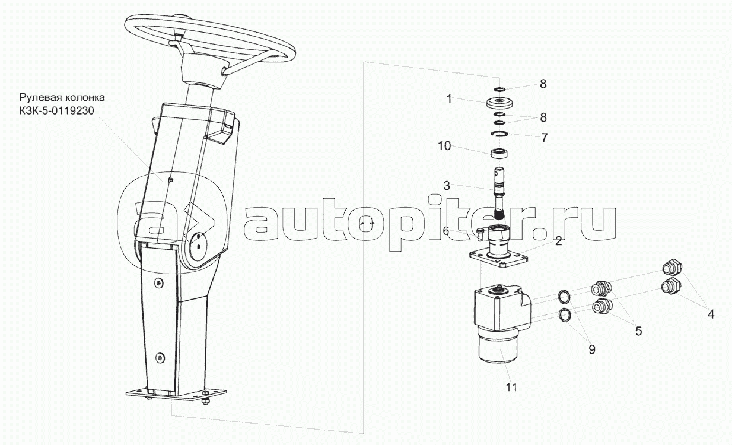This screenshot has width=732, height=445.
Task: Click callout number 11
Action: click(x=512, y=387)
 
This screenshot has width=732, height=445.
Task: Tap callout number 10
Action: click(x=444, y=146)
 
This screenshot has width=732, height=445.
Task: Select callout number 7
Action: click(x=544, y=138)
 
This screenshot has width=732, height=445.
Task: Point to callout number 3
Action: click(x=447, y=186)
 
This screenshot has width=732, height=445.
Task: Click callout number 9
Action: click(x=592, y=349)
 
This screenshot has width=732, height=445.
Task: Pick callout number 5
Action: click(x=638, y=331)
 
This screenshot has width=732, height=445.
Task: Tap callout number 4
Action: click(x=711, y=314)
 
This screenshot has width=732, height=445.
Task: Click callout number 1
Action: click(x=449, y=99)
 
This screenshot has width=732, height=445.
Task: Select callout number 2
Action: click(x=558, y=241)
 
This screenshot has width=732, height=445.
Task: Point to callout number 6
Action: click(x=446, y=231)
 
